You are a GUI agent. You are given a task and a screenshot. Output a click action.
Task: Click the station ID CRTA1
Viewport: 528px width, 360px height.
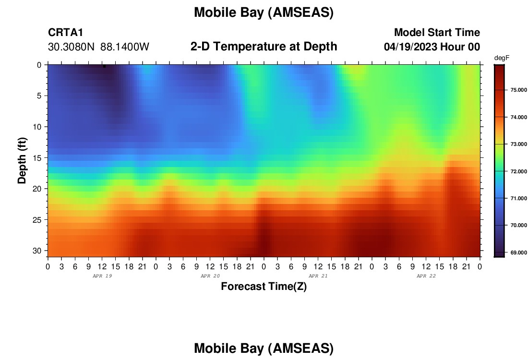(x=65, y=32)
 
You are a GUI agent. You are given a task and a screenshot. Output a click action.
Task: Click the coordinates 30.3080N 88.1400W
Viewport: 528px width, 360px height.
(x=98, y=47)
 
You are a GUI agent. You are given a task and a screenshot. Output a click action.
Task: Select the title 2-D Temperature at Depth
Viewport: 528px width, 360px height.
(x=264, y=47)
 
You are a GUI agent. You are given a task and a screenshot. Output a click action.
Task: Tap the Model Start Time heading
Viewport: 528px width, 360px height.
(x=437, y=32)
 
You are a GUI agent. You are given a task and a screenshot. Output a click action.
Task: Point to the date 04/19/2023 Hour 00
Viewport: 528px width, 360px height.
(x=432, y=47)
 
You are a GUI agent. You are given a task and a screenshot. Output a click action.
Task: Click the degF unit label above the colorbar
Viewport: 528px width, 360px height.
(x=502, y=58)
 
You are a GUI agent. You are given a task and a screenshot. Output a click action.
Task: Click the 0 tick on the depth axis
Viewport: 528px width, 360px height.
(x=39, y=65)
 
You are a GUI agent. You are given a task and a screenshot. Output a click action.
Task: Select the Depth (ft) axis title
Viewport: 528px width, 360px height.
(x=22, y=160)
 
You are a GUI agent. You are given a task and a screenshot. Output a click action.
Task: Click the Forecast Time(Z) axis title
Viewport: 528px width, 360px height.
(x=264, y=286)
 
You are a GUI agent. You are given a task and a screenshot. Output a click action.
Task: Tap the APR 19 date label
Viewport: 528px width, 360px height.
(x=102, y=276)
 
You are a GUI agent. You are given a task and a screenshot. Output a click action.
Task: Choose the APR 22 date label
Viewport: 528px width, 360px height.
(x=426, y=276)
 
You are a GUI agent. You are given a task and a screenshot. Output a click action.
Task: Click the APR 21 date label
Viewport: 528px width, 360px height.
(x=318, y=276)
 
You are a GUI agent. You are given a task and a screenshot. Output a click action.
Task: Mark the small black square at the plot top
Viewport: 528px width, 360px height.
(x=104, y=66)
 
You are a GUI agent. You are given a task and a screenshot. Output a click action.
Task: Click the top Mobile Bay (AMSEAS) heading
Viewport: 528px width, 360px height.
(x=264, y=12)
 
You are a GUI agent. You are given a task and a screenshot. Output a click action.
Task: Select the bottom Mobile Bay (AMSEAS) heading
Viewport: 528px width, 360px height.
(x=264, y=348)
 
